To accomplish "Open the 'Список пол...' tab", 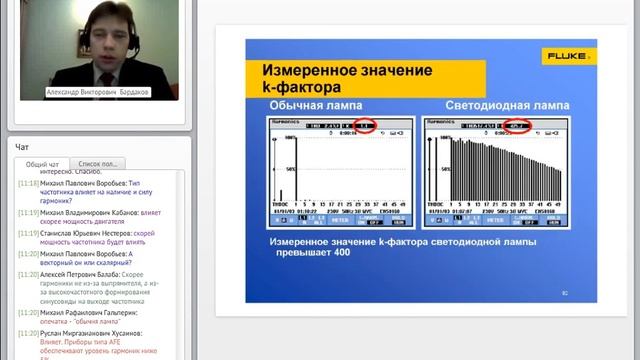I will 98,164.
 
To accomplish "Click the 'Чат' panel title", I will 22,147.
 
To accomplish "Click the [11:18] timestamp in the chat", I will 29,184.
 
